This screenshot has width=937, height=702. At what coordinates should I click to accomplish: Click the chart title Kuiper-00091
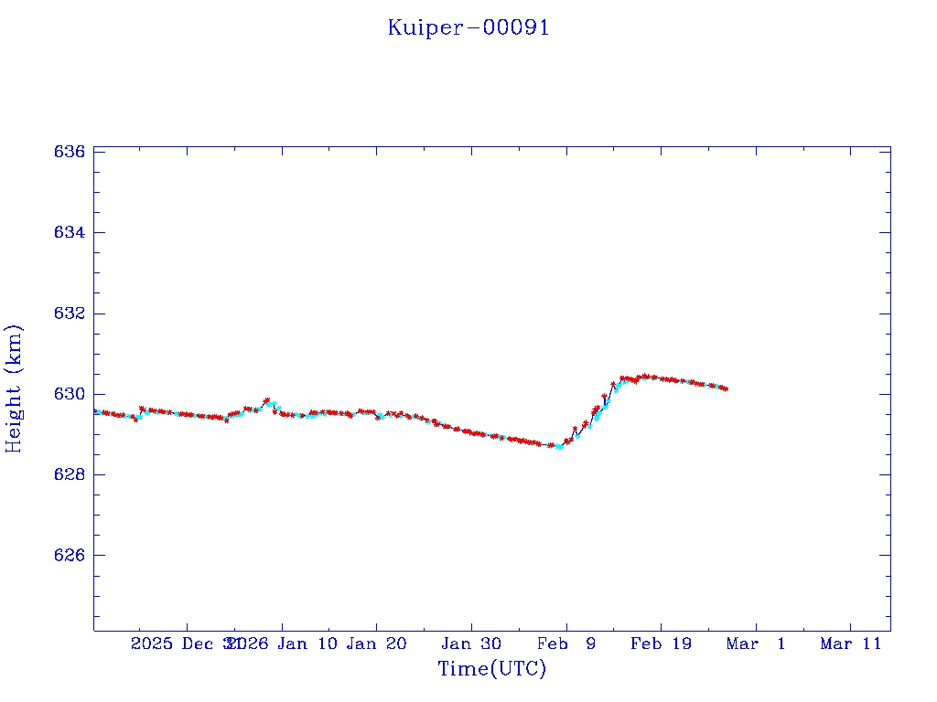[x=468, y=27]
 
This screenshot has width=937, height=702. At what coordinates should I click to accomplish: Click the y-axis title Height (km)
[x=14, y=388]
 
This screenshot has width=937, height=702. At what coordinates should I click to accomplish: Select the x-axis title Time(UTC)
[x=492, y=669]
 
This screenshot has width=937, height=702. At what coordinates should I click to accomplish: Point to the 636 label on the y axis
[x=70, y=152]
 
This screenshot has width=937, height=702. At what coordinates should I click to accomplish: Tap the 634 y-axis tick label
[x=70, y=232]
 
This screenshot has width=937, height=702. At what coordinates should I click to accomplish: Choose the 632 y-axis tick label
[x=70, y=314]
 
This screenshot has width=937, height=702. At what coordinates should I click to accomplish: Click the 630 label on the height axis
[x=70, y=394]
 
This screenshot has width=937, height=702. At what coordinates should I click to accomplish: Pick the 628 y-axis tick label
[x=70, y=475]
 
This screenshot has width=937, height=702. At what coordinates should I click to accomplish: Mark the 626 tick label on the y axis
[x=70, y=556]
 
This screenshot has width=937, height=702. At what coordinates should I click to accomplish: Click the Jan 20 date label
[x=376, y=643]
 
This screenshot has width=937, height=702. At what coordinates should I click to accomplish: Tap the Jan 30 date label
[x=471, y=643]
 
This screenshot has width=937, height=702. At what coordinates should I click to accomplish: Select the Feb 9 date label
[x=566, y=643]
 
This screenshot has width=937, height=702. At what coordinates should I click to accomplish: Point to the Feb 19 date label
[x=661, y=643]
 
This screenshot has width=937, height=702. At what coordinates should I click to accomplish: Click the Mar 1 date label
[x=756, y=643]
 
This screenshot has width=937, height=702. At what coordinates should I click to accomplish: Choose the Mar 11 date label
[x=850, y=643]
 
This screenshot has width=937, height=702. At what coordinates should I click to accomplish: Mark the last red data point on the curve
[x=725, y=388]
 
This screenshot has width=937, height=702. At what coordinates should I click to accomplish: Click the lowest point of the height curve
[x=558, y=446]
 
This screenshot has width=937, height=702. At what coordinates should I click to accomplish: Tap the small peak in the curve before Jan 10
[x=267, y=400]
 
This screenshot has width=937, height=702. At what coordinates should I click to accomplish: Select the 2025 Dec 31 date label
[x=186, y=643]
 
